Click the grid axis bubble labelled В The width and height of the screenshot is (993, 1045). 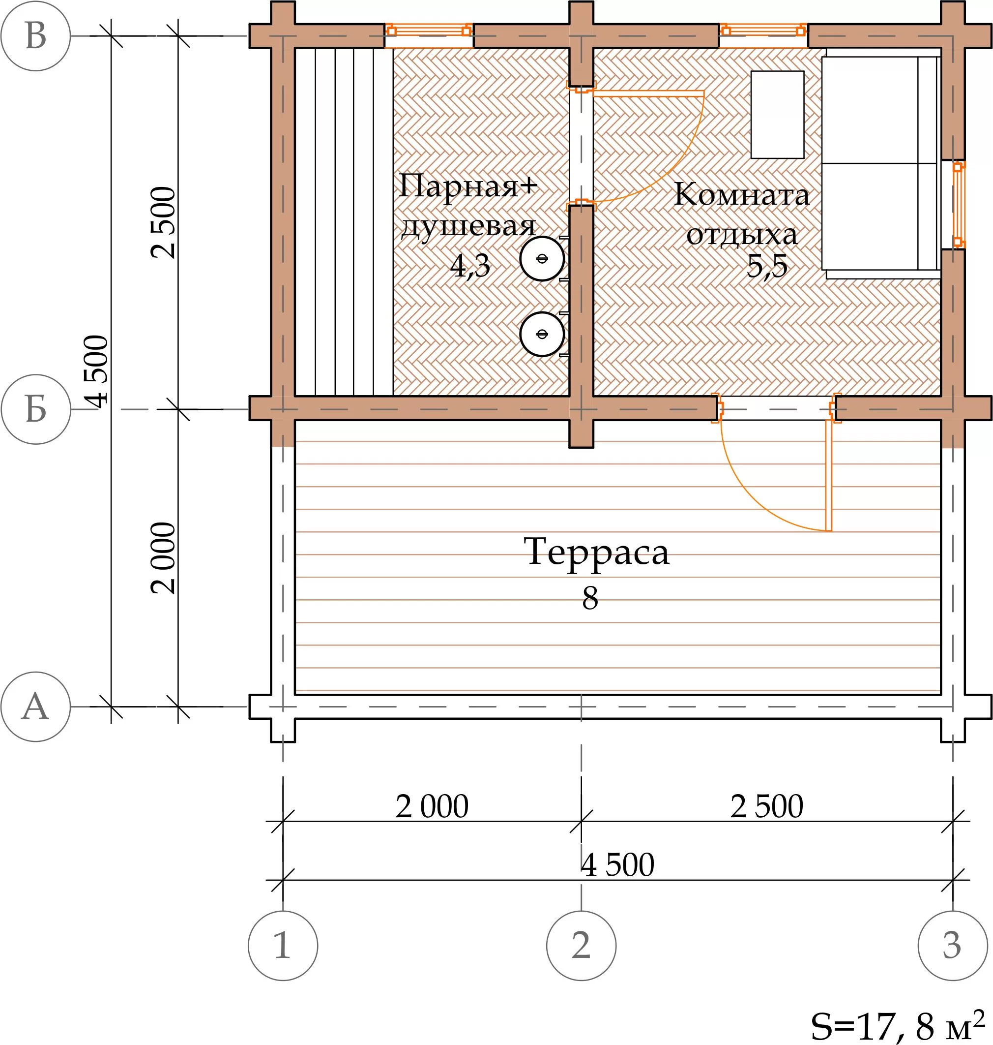click(35, 36)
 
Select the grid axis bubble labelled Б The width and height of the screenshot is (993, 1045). click(36, 409)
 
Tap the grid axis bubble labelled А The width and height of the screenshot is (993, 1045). click(35, 707)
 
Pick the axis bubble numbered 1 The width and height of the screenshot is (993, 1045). click(283, 946)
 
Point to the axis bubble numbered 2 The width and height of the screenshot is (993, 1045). click(581, 946)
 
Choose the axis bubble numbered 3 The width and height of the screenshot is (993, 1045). click(953, 946)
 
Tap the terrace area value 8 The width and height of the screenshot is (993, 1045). click(590, 598)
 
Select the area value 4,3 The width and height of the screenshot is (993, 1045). click(470, 266)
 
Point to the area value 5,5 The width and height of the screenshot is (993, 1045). click(767, 266)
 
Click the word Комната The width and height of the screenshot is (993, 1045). click(742, 194)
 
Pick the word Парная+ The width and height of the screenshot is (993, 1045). click(468, 186)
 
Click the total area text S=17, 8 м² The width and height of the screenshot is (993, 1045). click(898, 1025)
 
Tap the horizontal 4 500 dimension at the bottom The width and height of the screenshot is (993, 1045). click(618, 865)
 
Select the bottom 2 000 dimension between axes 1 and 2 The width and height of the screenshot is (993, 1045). click(432, 806)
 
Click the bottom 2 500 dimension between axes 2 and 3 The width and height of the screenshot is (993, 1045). click(767, 806)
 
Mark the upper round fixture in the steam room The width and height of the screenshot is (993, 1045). click(542, 258)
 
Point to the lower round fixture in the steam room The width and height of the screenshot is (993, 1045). click(542, 334)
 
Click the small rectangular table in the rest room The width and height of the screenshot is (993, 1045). click(778, 115)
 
